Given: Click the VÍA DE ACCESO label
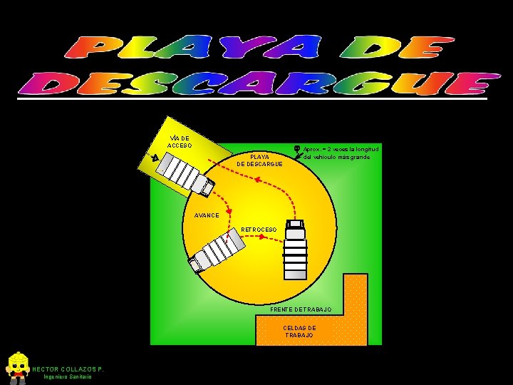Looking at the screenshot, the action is tap(179, 142).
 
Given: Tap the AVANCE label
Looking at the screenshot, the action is tap(197, 215).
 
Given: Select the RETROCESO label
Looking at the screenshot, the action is tap(258, 230).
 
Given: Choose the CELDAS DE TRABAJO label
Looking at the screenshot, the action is tap(299, 332).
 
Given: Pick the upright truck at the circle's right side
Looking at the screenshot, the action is tap(295, 250).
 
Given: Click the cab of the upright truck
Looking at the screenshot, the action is tap(295, 228).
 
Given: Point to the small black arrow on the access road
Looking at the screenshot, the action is tap(154, 158).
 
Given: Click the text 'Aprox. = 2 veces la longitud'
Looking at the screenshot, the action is tap(341, 149).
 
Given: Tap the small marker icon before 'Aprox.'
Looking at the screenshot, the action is tap(296, 149).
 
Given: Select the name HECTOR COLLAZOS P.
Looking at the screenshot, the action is tap(68, 369).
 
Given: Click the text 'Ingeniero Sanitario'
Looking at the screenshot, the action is tap(68, 376).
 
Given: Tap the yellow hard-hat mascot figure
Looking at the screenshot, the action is tap(16, 366).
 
